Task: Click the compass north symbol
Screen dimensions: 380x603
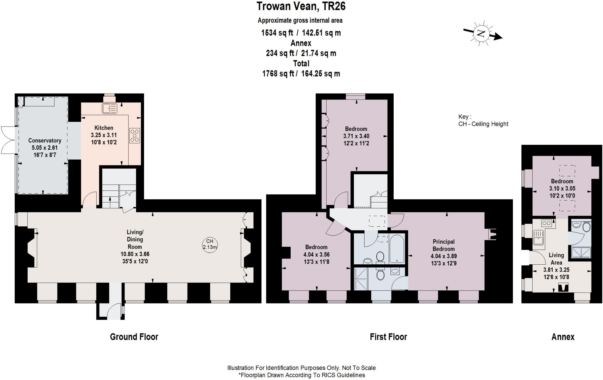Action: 481,33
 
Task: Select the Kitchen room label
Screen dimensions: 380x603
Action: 104,128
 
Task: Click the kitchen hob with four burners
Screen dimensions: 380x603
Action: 135,136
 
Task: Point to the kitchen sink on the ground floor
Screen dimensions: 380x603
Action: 109,108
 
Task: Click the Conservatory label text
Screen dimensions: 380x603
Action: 44,140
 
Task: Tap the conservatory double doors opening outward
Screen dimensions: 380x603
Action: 8,140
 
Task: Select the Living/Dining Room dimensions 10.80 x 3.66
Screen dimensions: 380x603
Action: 135,254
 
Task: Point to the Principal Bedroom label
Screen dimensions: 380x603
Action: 443,245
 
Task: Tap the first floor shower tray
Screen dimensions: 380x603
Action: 361,278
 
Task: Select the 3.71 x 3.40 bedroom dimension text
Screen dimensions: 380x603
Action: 356,136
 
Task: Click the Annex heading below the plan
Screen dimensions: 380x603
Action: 563,337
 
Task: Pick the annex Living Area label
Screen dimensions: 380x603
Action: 556,259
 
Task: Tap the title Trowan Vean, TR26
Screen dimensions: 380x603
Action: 301,6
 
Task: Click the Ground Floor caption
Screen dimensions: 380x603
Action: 134,337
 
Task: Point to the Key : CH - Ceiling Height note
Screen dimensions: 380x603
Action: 483,120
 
